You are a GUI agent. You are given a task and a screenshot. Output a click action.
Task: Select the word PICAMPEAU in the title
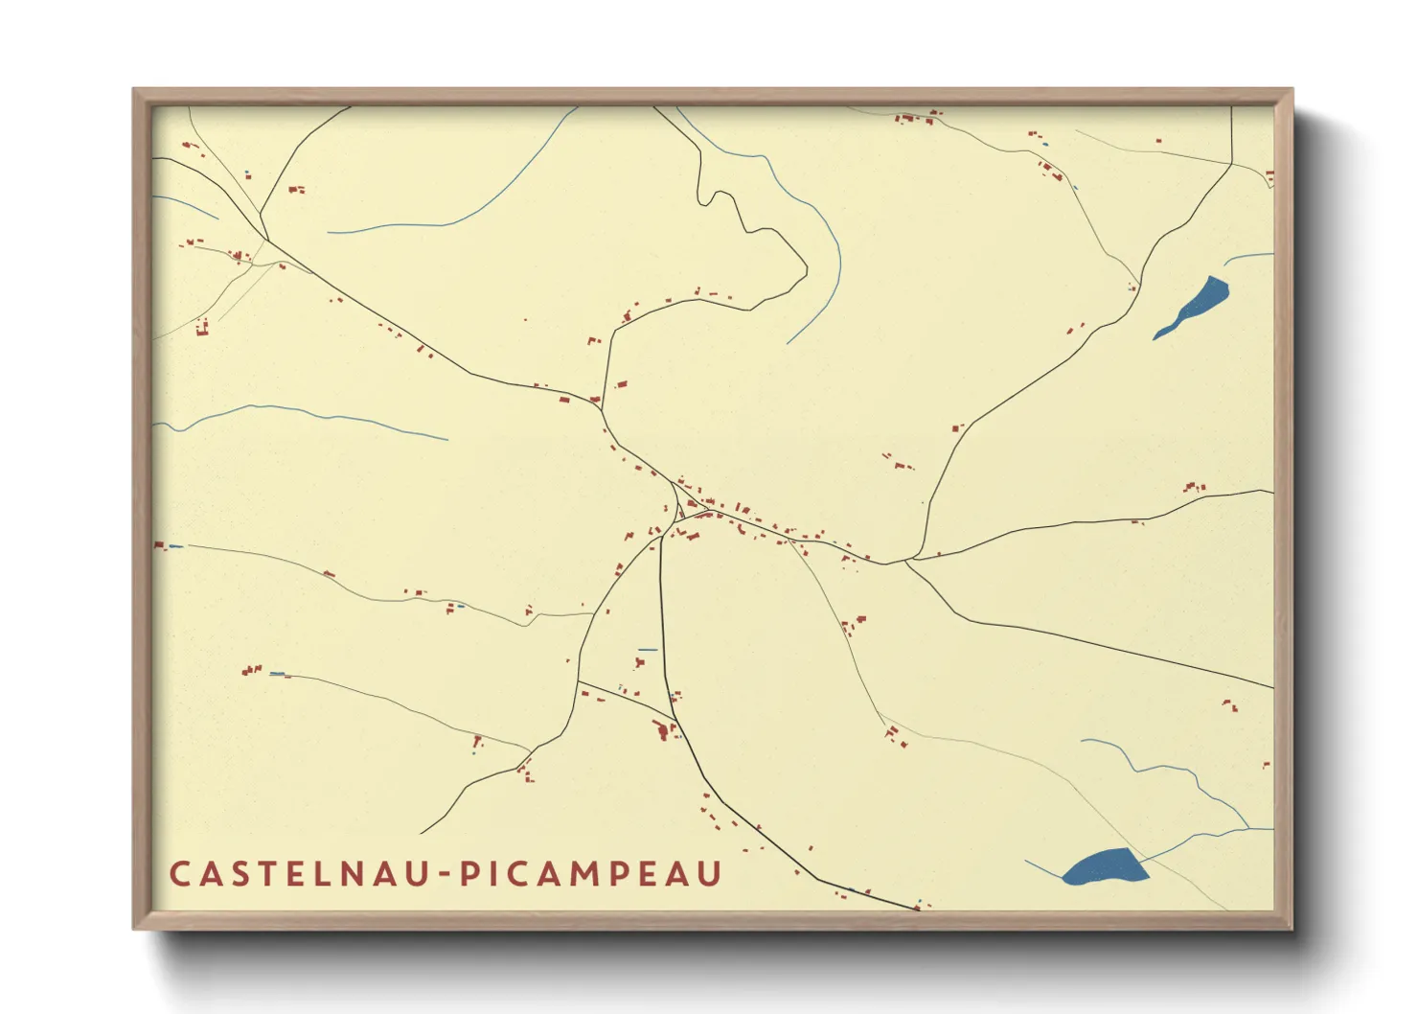coord(589,874)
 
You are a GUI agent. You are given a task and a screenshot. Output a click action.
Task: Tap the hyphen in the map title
coord(446,875)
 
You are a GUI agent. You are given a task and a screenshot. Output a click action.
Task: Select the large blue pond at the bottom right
coord(1105,866)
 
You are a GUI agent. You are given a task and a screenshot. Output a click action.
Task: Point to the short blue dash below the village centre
coord(648,650)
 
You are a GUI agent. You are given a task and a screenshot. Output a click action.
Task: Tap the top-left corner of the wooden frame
coord(135,90)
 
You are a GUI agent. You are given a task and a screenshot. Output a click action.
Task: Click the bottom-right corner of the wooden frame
coord(1291,928)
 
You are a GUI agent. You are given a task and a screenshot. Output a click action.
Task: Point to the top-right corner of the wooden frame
coord(1291,90)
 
